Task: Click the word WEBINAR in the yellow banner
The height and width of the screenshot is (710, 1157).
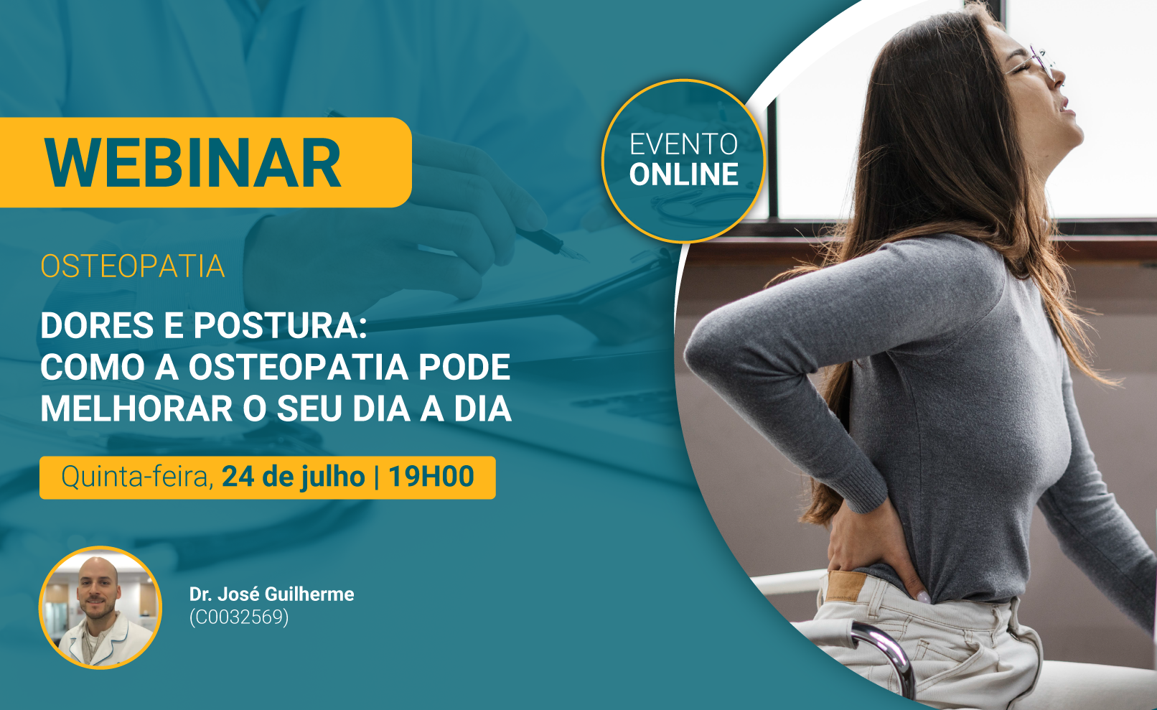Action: coord(192,163)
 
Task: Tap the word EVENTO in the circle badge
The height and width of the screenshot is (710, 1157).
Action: coord(683,144)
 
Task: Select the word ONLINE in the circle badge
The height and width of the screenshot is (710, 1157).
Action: coord(683,174)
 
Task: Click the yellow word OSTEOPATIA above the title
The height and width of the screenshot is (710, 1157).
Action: coord(132,266)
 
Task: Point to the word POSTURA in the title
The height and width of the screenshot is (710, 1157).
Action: coord(280,325)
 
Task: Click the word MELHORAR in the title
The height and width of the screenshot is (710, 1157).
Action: coord(136,408)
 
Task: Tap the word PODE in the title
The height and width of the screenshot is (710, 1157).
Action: coord(464,367)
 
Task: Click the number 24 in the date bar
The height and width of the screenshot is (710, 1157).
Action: coord(238,477)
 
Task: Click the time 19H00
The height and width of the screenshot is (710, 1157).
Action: coord(431,477)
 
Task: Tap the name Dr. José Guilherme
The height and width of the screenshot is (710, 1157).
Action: coord(272,594)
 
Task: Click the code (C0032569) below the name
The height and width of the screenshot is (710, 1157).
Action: coord(238,617)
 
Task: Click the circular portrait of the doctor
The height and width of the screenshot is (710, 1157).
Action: coord(100,607)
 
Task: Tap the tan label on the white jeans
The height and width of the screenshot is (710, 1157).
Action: coord(845,586)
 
